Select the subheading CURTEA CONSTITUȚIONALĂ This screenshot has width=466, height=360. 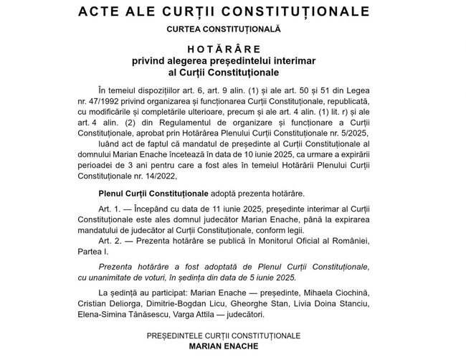point(224,29)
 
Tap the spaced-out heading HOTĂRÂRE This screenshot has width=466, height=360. point(224,49)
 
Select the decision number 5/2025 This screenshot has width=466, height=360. point(350,133)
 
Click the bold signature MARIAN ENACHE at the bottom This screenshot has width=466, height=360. point(224,346)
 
